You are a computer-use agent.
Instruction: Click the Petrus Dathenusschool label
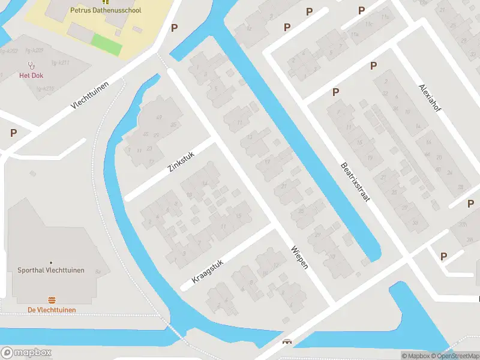[106, 10]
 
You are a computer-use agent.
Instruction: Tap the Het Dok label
[30, 76]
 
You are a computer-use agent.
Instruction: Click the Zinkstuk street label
[181, 159]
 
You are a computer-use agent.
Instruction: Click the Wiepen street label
[299, 257]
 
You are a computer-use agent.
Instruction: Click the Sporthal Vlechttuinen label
[51, 271]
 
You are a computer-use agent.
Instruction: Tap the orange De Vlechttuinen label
[52, 310]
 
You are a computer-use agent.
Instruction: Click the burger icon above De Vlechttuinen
[52, 300]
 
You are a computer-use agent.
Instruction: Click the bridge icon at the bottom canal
[287, 342]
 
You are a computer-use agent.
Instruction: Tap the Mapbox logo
[25, 353]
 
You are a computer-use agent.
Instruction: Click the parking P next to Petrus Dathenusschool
[175, 28]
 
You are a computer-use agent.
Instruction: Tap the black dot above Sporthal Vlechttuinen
[51, 262]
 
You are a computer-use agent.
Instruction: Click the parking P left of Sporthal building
[13, 133]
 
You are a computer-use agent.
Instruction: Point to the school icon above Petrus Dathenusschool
[106, 2]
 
